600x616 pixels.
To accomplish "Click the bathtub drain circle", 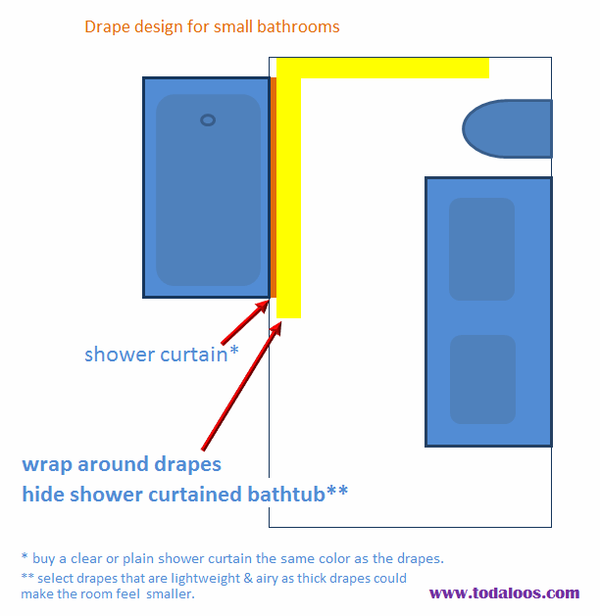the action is coord(208,119).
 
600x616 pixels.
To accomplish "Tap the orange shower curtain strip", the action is coord(274,187).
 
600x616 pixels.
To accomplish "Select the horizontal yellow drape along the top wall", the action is coord(382,68).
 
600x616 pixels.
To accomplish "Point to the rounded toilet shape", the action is coord(507,129).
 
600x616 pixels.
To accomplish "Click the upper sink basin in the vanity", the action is coord(481,249).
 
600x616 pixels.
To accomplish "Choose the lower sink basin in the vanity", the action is coord(482,379).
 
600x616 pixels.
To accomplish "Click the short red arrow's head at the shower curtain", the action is coord(263,306).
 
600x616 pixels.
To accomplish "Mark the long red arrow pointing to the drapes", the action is coord(242,386).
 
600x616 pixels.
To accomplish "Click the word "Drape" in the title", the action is coord(106,27).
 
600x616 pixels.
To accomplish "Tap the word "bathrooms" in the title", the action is coord(298,26).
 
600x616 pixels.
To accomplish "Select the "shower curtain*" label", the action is coord(162,354).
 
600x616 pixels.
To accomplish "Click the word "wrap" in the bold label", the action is coord(47,465).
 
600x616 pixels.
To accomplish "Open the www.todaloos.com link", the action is coord(505,592).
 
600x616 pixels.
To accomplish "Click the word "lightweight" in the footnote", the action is coord(205,579).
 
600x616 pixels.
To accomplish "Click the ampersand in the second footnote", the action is coord(248,578).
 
